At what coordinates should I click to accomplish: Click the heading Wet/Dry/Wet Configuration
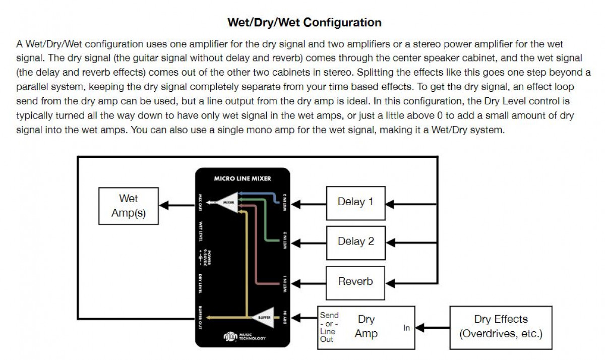[x=305, y=23]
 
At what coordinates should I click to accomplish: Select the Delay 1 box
[x=355, y=202]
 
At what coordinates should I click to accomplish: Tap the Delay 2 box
[x=355, y=242]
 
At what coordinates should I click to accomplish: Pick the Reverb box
[x=355, y=281]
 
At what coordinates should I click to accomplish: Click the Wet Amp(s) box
[x=128, y=206]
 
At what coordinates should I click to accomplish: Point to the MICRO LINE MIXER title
[x=243, y=178]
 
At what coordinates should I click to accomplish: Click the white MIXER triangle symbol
[x=228, y=203]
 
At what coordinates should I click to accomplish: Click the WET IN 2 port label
[x=285, y=241]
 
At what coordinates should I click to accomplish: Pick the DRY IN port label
[x=285, y=317]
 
